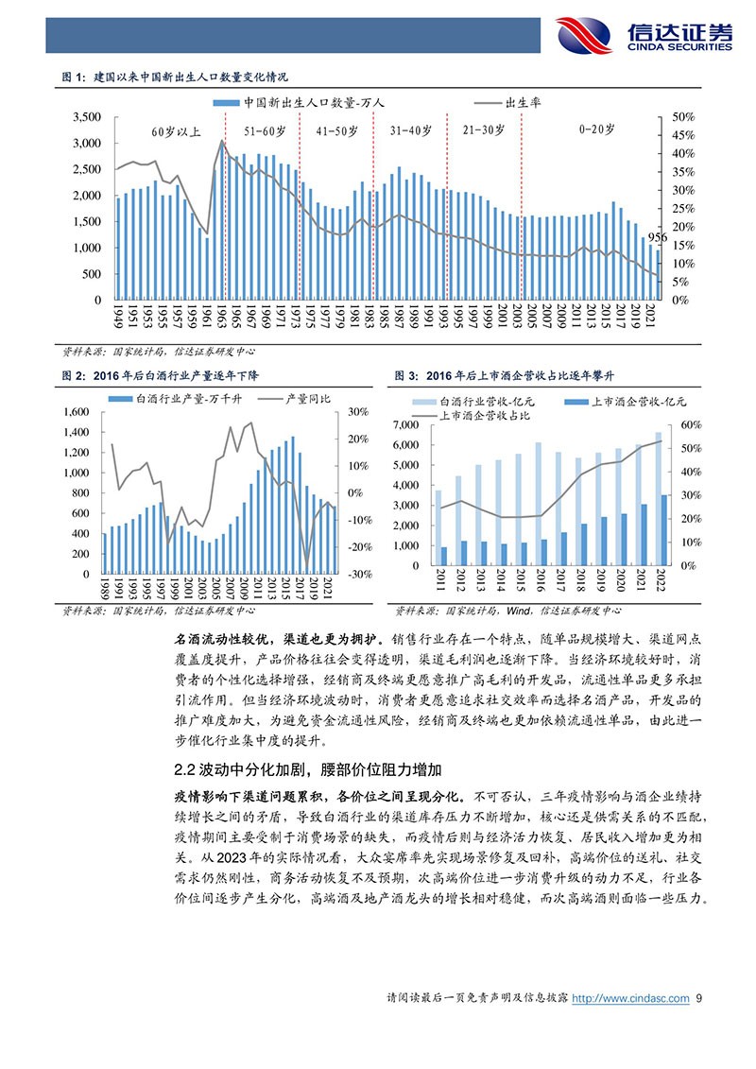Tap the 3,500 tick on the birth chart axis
coord(86,116)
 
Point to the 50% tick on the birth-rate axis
coord(682,116)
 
